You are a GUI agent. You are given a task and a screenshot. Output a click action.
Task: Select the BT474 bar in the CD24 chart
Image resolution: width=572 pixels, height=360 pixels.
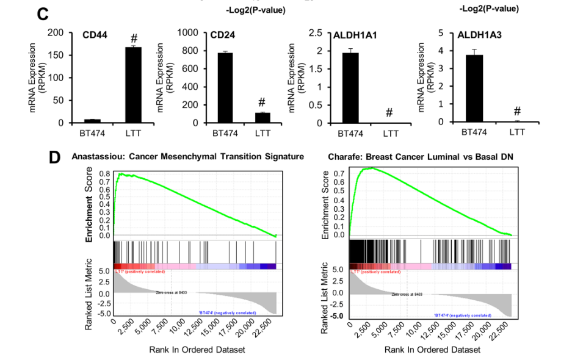tap(225, 88)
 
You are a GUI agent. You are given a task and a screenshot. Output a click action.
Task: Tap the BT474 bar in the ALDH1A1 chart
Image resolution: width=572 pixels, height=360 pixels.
tap(350, 88)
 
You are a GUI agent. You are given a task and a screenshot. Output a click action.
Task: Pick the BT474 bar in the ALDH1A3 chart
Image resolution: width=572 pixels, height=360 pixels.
tap(474, 88)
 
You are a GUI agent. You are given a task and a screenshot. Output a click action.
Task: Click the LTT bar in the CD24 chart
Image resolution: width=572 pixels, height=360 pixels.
tap(262, 118)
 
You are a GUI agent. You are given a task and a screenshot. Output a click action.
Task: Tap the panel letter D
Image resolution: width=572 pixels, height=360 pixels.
tap(56, 157)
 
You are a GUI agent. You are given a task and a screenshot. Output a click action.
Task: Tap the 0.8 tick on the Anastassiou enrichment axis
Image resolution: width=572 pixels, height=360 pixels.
tap(105, 173)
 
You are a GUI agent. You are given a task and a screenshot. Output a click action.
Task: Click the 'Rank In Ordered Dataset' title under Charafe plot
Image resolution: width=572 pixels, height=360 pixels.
tap(432, 350)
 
